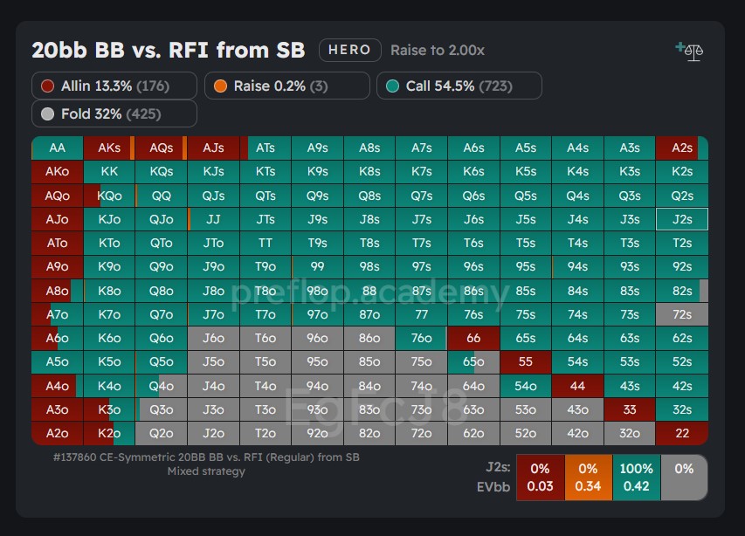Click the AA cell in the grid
coord(58,148)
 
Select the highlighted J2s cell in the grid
coord(682,219)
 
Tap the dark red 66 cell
coord(473,338)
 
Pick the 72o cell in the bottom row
coord(421,432)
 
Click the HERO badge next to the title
coord(349,50)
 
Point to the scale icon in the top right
coord(691,51)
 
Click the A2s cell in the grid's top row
coord(682,148)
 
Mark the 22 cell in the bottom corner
coord(682,432)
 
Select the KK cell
coord(109,172)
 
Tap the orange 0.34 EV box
coord(588,478)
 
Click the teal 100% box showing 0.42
coord(636,478)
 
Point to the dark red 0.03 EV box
coord(540,478)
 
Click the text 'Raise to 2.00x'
coord(437,51)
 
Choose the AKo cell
coord(58,172)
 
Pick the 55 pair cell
coord(525,361)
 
